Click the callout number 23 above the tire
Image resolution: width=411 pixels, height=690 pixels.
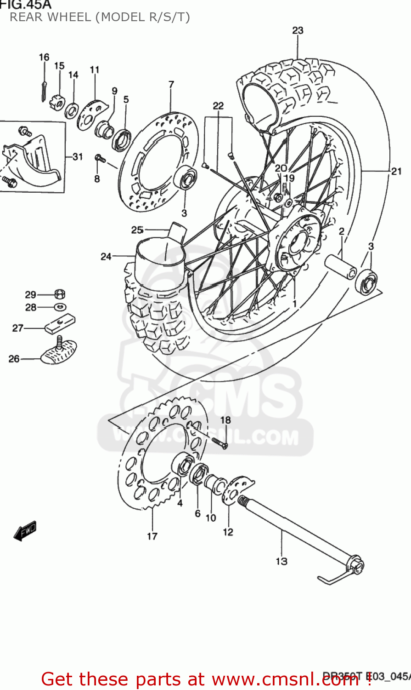coord(298,30)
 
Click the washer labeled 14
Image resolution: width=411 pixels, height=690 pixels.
coord(72,110)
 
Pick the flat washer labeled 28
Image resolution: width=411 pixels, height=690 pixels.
coord(59,306)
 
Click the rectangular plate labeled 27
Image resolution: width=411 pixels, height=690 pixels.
coord(60,324)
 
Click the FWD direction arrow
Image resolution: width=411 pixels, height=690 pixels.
coord(25,531)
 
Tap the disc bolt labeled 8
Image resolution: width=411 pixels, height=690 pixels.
coord(100,159)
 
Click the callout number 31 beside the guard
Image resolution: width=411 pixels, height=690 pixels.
coord(77,157)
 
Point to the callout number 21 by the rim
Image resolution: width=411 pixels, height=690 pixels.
coord(396,171)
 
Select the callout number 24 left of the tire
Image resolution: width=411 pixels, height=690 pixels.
coord(106,256)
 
